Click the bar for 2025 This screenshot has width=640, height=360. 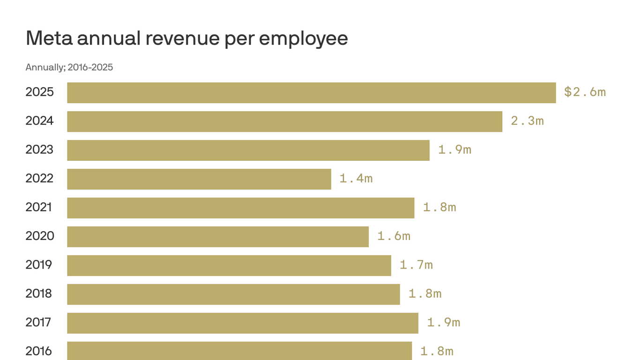pos(311,93)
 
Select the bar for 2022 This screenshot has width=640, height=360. pos(199,179)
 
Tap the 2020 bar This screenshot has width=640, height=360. pos(218,237)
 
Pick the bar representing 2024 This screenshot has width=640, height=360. pos(284,121)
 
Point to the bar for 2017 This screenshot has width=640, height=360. pos(243,323)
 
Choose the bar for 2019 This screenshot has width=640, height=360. pos(229,265)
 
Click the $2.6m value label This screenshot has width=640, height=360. pos(585,92)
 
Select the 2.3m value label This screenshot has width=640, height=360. pos(527,121)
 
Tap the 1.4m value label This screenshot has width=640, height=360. pos(356,179)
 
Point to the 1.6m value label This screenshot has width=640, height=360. pos(394,236)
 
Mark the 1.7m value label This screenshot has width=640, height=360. pos(416,265)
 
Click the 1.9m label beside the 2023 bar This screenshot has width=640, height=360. pos(454,150)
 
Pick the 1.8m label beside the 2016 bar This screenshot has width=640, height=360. pos(437,351)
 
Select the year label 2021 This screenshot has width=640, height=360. pos(39,207)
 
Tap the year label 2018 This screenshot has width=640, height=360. pos(39,294)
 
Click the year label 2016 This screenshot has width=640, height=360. pos(39,351)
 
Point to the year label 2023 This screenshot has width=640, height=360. pos(39,150)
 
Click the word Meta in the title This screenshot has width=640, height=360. pos(49,38)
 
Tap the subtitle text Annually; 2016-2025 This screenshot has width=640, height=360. pos(69,67)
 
